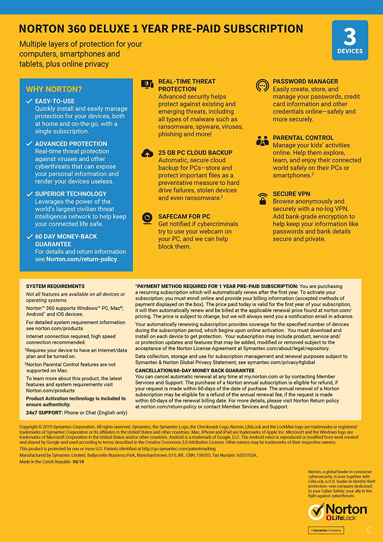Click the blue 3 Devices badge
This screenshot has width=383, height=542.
pos(350,40)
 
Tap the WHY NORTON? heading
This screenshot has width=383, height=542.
pos(54,89)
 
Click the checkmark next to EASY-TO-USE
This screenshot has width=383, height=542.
pos(29,101)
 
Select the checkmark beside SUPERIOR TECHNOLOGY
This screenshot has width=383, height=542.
pos(29,194)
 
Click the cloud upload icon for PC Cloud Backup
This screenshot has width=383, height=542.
pos(147,154)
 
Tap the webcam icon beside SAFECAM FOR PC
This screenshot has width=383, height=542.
pos(147,218)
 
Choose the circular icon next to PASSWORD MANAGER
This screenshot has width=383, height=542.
pos(262,86)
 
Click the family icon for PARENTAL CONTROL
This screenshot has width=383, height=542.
pos(262,141)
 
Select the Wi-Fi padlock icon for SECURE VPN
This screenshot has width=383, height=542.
pos(262,198)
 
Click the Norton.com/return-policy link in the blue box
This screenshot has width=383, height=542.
pos(81,259)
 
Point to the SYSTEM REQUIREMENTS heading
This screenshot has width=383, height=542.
pos(55,286)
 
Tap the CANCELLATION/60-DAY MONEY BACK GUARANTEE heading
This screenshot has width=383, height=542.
pos(195,370)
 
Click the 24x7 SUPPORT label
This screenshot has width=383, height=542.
pos(45,413)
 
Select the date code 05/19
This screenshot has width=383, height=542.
pos(78,462)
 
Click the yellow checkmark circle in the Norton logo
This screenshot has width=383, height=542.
pos(316,512)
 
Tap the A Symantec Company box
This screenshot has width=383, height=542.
pos(326,530)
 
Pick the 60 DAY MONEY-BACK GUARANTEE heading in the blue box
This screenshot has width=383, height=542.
pos(66,240)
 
